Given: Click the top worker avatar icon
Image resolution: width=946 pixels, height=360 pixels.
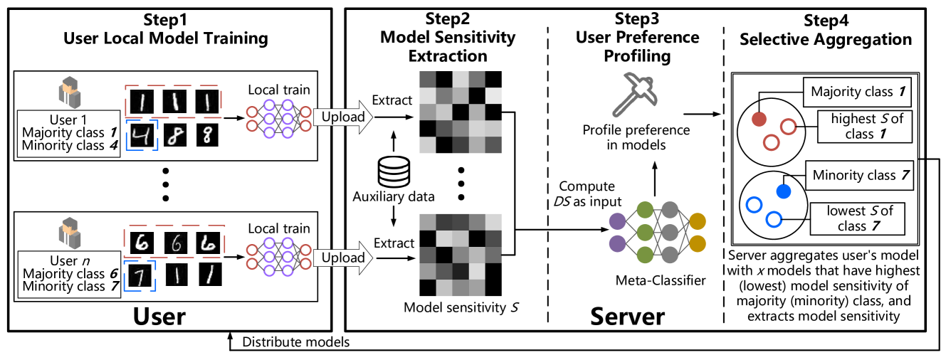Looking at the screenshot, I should pyautogui.click(x=69, y=94).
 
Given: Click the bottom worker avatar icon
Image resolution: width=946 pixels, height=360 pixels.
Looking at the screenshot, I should pyautogui.click(x=69, y=233).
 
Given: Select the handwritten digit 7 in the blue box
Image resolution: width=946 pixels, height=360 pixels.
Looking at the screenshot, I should pyautogui.click(x=140, y=277).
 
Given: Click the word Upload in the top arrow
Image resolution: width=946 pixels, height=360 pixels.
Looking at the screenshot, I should pyautogui.click(x=342, y=117).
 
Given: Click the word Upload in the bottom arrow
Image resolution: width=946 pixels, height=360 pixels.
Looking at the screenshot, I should pyautogui.click(x=342, y=258).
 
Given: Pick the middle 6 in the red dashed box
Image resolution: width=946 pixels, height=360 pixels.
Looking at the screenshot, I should pyautogui.click(x=175, y=243).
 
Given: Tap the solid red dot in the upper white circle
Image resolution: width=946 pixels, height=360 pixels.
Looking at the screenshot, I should pyautogui.click(x=759, y=118).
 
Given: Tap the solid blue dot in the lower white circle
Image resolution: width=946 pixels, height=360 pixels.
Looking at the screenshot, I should pyautogui.click(x=783, y=191).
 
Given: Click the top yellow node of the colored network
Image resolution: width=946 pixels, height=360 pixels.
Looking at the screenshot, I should pyautogui.click(x=698, y=221).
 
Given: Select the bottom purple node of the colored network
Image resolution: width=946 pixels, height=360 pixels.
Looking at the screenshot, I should pyautogui.click(x=617, y=244).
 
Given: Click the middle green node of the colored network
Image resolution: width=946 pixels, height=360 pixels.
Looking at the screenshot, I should pyautogui.click(x=645, y=233).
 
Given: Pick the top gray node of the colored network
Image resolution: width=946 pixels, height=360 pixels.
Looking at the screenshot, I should pyautogui.click(x=670, y=209).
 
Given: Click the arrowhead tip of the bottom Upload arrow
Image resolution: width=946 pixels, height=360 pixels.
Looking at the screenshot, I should pyautogui.click(x=371, y=258).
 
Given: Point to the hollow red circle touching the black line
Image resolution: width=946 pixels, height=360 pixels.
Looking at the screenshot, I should pyautogui.click(x=788, y=127).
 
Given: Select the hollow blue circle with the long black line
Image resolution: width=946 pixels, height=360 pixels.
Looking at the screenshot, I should pyautogui.click(x=774, y=219).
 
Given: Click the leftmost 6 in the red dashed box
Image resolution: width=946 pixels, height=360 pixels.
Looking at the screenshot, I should pyautogui.click(x=142, y=243).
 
